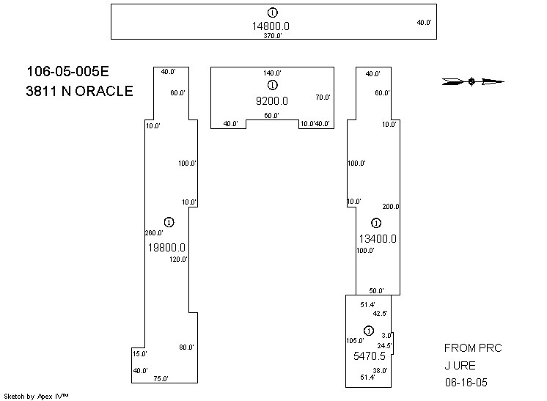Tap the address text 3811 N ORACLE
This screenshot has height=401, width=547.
click(80, 91)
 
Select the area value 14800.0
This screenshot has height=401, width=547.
click(271, 26)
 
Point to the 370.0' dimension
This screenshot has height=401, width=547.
click(273, 35)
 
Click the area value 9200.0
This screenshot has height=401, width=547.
click(272, 101)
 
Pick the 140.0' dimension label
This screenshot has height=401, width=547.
click(273, 73)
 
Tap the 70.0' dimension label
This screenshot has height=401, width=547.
click(323, 98)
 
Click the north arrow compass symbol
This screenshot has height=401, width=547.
click(474, 81)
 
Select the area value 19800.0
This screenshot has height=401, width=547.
click(167, 248)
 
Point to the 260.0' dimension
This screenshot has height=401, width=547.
click(154, 233)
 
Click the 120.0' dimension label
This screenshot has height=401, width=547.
click(179, 260)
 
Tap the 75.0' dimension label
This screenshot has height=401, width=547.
click(161, 379)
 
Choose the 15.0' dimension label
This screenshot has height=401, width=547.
click(140, 354)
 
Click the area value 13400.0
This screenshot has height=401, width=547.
click(378, 238)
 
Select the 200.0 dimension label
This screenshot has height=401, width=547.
click(391, 207)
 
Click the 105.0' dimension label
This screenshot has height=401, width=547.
click(355, 341)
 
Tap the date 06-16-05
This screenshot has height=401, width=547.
click(466, 383)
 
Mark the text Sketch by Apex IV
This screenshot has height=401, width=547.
click(37, 396)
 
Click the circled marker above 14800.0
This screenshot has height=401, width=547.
click(273, 12)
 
